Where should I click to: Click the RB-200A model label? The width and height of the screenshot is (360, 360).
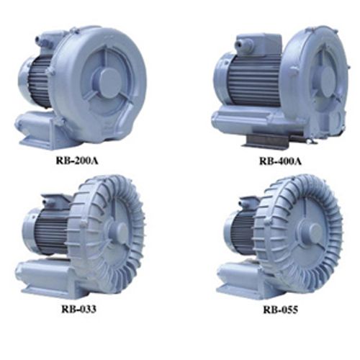coord(77,161)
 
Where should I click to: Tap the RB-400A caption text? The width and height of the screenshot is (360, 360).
coord(280,161)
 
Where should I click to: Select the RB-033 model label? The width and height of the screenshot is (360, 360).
coord(79,309)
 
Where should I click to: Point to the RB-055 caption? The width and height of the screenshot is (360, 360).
coord(281,310)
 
